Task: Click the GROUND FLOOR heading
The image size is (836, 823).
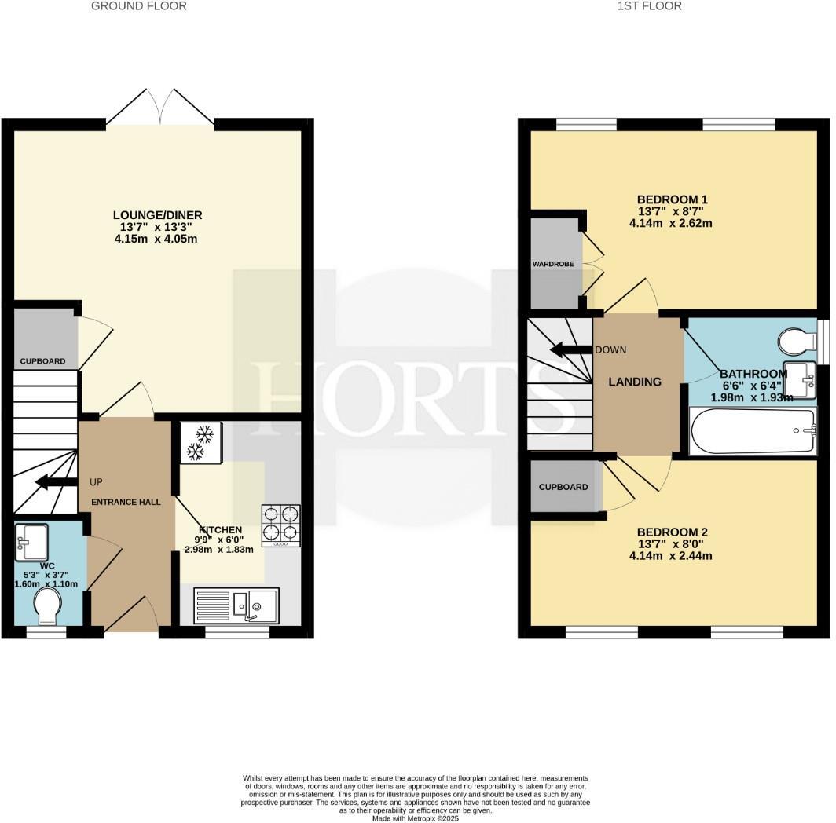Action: [x=139, y=6]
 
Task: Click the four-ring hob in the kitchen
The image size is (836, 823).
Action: [x=281, y=525]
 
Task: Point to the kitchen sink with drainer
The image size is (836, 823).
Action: [x=236, y=605]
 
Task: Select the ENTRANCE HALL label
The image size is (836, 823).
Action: [x=126, y=502]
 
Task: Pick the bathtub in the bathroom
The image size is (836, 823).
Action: [x=752, y=431]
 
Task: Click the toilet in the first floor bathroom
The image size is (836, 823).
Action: [x=796, y=342]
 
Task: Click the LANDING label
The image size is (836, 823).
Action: [x=636, y=382]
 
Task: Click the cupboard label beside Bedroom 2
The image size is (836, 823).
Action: [x=563, y=487]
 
